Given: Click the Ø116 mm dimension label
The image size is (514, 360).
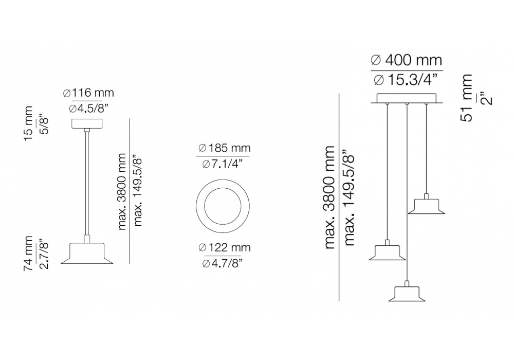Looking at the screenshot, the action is point(88,93).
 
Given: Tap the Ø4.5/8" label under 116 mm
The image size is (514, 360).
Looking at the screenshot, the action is point(88,108).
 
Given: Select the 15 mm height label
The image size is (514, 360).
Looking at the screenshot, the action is point(28,123).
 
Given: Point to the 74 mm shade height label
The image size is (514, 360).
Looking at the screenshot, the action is point(28,253).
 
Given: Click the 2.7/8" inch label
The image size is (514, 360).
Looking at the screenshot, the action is point(44,255).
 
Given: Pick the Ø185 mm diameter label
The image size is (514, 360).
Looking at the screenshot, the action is point(225,148).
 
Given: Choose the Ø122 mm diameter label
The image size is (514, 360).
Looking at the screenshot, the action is point(225,247).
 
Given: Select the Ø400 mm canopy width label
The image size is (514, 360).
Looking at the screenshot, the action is point(407,60).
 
